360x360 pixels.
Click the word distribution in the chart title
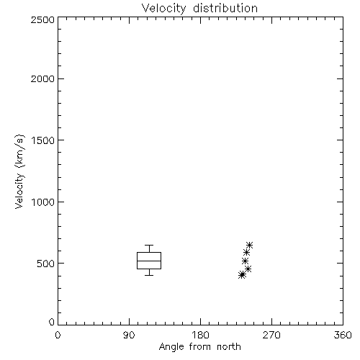click(225, 8)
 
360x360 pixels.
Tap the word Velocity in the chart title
click(164, 9)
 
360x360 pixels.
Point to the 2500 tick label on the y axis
click(42, 19)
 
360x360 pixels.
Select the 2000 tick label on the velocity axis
click(42, 78)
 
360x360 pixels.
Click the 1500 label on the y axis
click(43, 140)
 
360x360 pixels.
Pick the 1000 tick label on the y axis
click(43, 202)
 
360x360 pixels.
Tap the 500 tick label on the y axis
click(46, 264)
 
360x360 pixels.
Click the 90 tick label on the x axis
click(129, 335)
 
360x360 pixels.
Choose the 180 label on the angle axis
click(200, 335)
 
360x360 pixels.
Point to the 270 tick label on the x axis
click(271, 335)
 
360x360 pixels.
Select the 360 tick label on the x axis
click(343, 335)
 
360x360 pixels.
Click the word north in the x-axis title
click(229, 347)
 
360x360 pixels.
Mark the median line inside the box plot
click(149, 261)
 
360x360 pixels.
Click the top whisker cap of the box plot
click(149, 245)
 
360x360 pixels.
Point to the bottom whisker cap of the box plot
click(149, 275)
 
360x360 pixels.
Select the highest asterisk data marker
click(249, 245)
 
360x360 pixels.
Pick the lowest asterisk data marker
click(242, 275)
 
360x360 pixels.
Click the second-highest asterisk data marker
click(246, 253)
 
